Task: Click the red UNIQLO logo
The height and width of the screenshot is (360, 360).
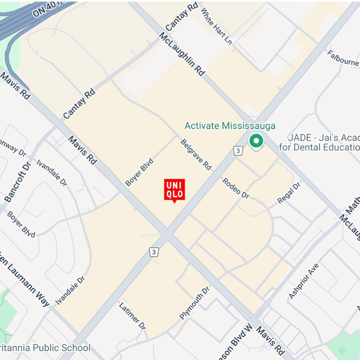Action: click(x=175, y=189)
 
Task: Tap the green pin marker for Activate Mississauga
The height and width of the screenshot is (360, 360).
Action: click(x=256, y=141)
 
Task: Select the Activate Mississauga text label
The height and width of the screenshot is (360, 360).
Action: click(x=230, y=126)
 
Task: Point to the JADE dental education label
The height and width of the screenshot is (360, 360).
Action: click(x=320, y=143)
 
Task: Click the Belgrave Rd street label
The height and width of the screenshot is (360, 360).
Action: click(x=196, y=155)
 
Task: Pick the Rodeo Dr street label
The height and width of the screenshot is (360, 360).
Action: click(x=235, y=188)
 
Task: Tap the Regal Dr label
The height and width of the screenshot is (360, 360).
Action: click(x=289, y=193)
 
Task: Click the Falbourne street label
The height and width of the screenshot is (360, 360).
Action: click(x=343, y=58)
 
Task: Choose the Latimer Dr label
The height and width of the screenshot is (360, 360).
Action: click(x=132, y=316)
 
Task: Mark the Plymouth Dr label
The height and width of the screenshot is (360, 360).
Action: click(x=194, y=303)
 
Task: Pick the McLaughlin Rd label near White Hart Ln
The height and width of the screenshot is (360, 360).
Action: click(x=182, y=54)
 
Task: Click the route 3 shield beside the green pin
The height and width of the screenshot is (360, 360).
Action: click(x=238, y=151)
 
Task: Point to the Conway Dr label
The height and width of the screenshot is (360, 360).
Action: click(x=13, y=147)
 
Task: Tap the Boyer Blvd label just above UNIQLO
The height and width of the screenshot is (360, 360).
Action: click(x=139, y=172)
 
